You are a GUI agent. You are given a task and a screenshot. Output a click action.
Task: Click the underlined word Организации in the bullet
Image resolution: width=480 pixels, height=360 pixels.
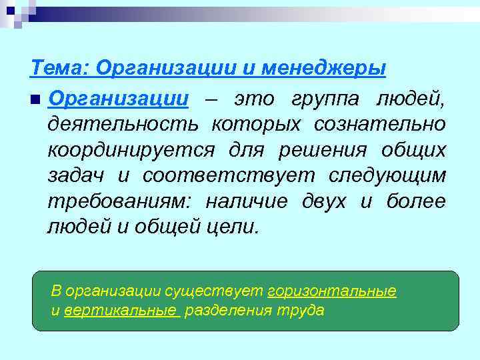pyautogui.click(x=119, y=99)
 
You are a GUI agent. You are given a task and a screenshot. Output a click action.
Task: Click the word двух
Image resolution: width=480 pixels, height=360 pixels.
pyautogui.click(x=324, y=201)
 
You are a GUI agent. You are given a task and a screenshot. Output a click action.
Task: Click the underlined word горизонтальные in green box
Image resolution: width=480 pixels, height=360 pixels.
pyautogui.click(x=331, y=291)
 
